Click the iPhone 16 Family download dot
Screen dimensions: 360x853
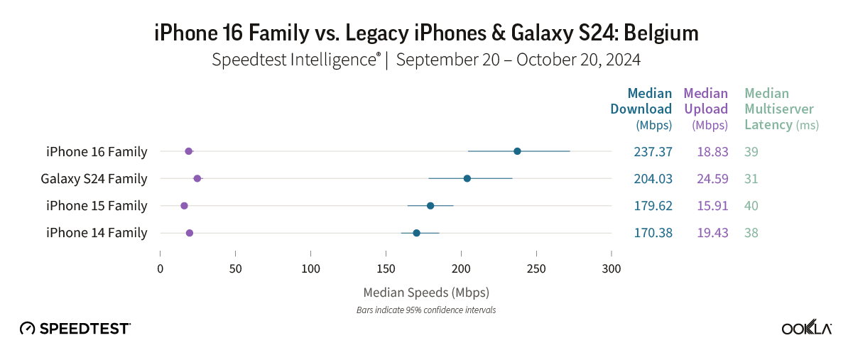coord(517,151)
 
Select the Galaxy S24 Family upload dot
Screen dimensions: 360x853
coord(197,178)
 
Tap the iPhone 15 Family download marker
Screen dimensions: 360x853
coord(430,206)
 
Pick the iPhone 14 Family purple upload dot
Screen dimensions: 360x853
coord(190,233)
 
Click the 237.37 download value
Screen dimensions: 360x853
coord(653,151)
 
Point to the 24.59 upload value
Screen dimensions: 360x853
coord(712,178)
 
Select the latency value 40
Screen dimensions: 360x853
coord(751,206)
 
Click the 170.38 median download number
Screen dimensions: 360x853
coord(653,233)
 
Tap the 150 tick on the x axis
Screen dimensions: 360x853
coord(386,268)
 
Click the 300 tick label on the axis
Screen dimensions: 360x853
coord(611,268)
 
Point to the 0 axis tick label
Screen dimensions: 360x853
coord(161,268)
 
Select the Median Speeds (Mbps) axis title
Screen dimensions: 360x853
coord(426,292)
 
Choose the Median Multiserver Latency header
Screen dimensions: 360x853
coord(781,109)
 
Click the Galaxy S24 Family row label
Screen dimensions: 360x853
coord(94,178)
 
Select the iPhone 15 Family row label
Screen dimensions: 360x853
coord(97,206)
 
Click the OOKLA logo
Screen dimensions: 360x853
coord(807,327)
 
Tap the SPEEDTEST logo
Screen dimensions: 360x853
coord(75,328)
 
